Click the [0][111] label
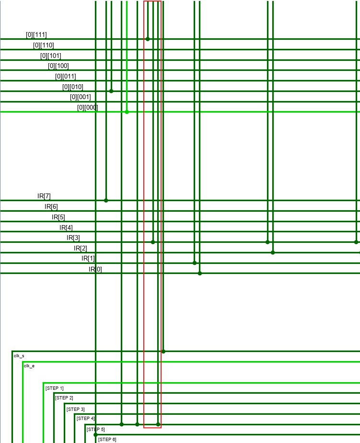[x=36, y=35]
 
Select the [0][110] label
[x=44, y=45]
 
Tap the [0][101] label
[x=51, y=56]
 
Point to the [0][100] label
[x=58, y=66]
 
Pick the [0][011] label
[x=66, y=76]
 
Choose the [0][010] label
[x=73, y=87]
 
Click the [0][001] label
[x=81, y=97]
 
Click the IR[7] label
[x=44, y=196]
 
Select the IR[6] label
[x=51, y=206]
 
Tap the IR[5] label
[x=58, y=217]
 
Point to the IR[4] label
[x=66, y=227]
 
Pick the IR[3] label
[x=73, y=238]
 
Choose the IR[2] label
[x=81, y=248]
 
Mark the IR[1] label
[x=88, y=259]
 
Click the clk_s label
[x=19, y=356]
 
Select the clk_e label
[x=29, y=366]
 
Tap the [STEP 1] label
[x=55, y=388]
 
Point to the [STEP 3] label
[x=76, y=409]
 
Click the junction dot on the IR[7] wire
[x=106, y=200]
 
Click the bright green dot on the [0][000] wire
[x=127, y=112]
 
